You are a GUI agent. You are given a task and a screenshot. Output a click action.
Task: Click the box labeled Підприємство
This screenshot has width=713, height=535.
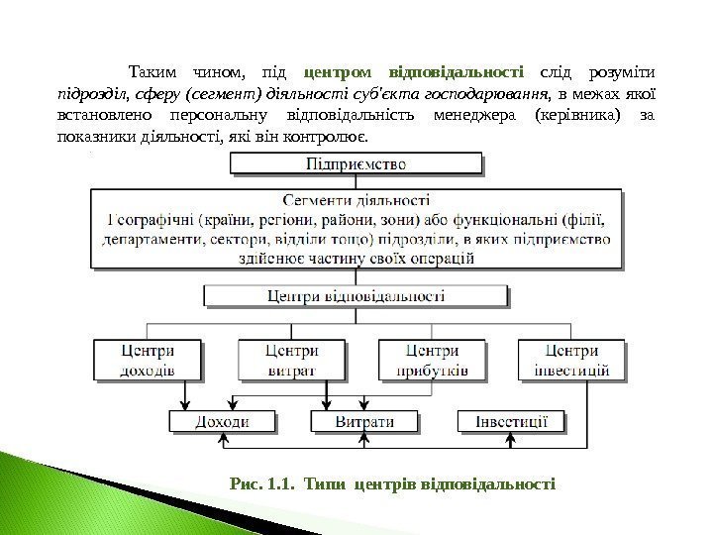coord(356,161)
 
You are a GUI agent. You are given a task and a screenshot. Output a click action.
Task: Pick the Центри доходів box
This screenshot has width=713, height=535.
coord(148,360)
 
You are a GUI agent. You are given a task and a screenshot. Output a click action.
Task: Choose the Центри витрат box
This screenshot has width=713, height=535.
coord(292,360)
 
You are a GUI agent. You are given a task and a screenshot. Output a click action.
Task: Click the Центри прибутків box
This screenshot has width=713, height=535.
coord(433,360)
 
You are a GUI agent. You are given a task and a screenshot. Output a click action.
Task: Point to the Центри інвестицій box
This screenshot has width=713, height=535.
coord(571,360)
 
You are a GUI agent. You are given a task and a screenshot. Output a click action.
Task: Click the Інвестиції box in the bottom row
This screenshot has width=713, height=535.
coord(510,421)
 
